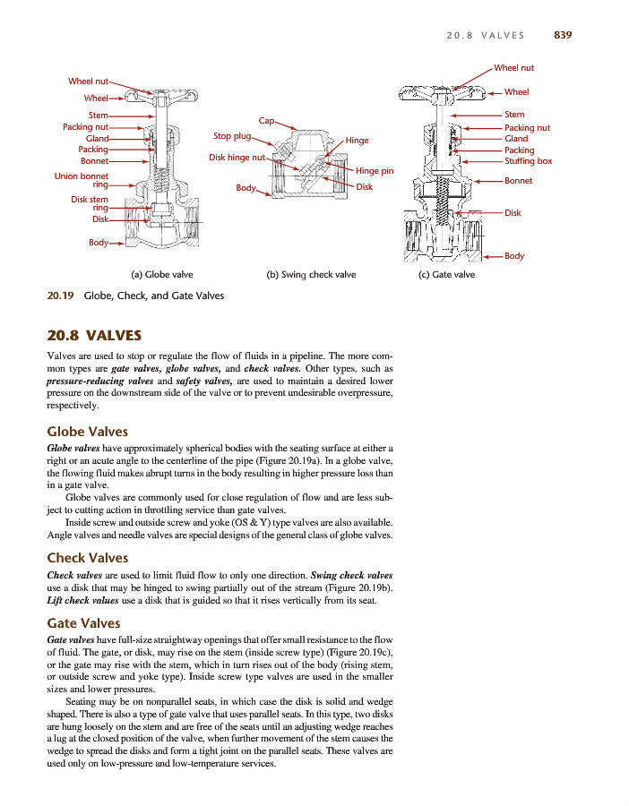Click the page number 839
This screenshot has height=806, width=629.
[563, 35]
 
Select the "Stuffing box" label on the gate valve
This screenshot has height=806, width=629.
[528, 161]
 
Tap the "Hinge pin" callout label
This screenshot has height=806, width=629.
[375, 170]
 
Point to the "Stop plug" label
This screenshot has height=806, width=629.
[231, 136]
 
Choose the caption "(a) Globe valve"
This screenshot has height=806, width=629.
[162, 274]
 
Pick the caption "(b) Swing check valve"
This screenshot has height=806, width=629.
[312, 274]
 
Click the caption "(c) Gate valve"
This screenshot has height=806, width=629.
[447, 274]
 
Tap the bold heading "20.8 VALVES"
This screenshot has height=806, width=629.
[94, 336]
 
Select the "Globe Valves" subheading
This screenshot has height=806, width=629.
[87, 432]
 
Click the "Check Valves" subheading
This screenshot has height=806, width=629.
[87, 559]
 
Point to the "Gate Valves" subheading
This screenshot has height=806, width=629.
[83, 622]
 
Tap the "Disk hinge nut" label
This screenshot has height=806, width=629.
[237, 158]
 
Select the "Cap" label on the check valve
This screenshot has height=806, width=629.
[265, 120]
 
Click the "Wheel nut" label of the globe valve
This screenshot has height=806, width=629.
[89, 81]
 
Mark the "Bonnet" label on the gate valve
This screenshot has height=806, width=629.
[518, 181]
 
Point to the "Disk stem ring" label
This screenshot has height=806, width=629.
[90, 203]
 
